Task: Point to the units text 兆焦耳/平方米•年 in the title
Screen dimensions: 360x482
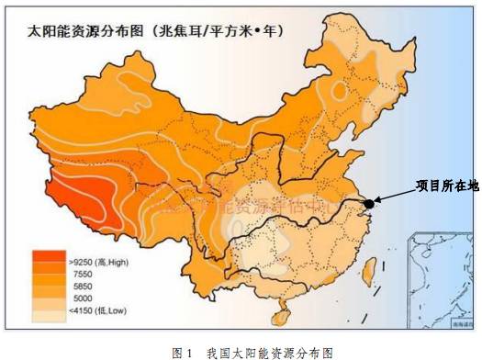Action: [x=218, y=30]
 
